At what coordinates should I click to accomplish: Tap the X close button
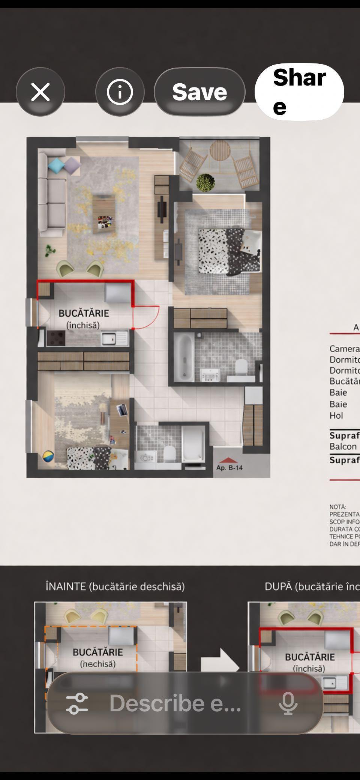tap(40, 92)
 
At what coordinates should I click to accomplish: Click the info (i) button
tap(120, 92)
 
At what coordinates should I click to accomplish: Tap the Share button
tap(299, 92)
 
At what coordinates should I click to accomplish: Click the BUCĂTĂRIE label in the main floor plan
tap(84, 313)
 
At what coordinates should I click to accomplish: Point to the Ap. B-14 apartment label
tap(229, 467)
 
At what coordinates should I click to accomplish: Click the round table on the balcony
tap(220, 150)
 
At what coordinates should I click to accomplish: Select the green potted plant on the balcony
tap(205, 183)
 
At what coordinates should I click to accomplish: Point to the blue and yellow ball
tap(48, 457)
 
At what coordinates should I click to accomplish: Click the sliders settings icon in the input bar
tap(77, 703)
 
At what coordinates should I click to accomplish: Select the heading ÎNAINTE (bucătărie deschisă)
tap(115, 586)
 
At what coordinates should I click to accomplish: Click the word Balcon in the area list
tap(343, 446)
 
